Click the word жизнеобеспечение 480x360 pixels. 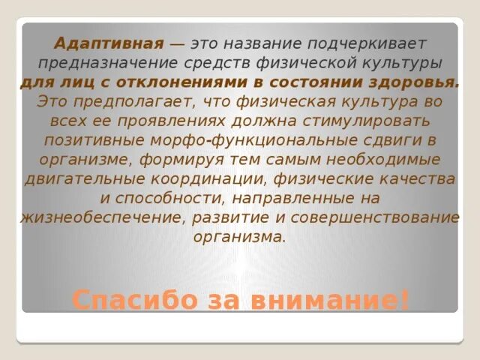(x=101, y=217)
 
